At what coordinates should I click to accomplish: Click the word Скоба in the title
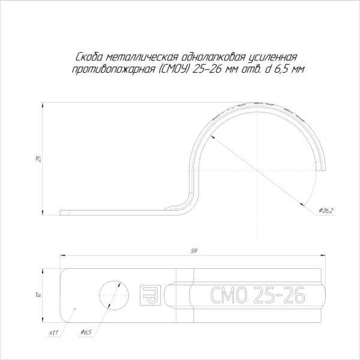pyautogui.click(x=88, y=57)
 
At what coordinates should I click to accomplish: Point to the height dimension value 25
pyautogui.click(x=38, y=158)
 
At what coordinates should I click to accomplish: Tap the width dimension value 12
pyautogui.click(x=38, y=294)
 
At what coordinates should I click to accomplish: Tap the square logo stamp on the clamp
pyautogui.click(x=148, y=293)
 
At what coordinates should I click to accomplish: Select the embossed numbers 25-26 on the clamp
pyautogui.click(x=279, y=295)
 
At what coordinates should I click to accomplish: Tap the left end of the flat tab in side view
pyautogui.click(x=62, y=211)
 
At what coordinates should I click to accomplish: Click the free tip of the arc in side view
pyautogui.click(x=325, y=169)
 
